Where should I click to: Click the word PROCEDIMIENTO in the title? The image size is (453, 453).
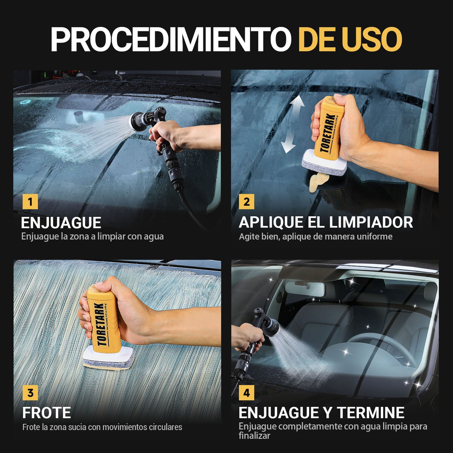click(171, 39)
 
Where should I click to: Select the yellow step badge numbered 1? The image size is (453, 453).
click(30, 202)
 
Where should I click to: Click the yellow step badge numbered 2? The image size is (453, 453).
click(246, 202)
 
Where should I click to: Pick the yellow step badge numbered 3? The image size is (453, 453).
click(30, 392)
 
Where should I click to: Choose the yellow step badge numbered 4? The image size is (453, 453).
click(246, 392)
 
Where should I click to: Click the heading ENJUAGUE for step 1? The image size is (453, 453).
click(61, 223)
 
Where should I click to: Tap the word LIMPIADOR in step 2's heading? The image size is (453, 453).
click(371, 222)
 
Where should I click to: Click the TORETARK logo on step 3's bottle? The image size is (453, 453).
click(100, 325)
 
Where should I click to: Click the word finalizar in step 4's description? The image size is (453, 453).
click(254, 436)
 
